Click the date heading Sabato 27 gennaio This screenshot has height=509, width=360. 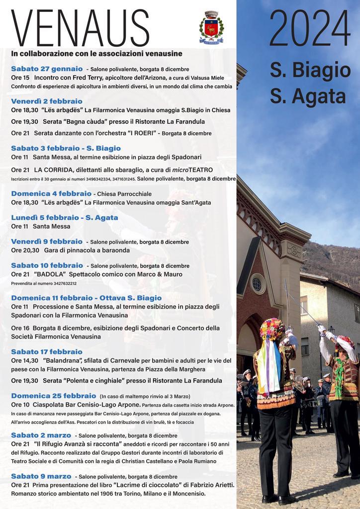tap(47, 68)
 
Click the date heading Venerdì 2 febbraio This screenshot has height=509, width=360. tap(47, 100)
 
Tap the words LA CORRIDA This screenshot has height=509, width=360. tap(54, 170)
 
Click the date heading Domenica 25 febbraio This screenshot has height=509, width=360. tap(53, 396)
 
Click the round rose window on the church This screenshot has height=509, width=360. tap(257, 284)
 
